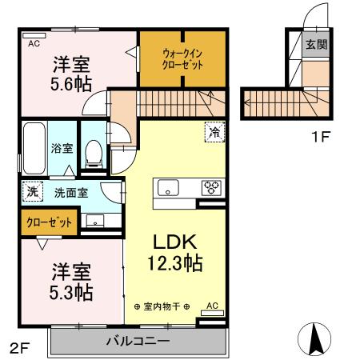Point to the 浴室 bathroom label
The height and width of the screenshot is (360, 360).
62,148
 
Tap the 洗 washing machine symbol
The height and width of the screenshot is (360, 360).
32,192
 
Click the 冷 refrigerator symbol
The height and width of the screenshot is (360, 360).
214,130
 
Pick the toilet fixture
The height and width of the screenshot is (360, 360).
94,152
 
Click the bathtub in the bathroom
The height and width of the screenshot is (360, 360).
35,148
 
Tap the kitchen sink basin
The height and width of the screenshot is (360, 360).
169,188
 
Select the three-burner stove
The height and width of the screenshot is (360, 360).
212,187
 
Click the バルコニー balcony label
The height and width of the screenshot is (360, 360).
138,342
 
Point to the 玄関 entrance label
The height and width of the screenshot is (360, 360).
315,45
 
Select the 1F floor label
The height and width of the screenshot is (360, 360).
321,136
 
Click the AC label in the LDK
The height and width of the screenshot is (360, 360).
211,305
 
